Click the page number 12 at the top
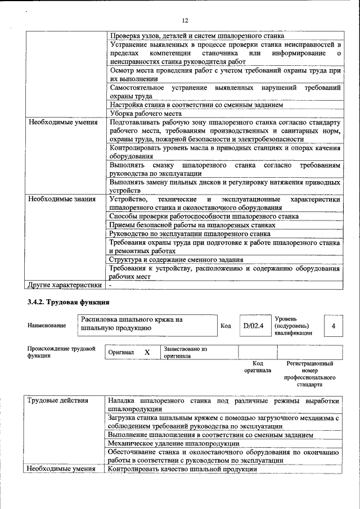184,20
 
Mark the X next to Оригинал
147,352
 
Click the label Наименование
47,326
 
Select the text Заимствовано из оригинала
186,353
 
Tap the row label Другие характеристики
61,285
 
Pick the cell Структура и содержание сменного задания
176,259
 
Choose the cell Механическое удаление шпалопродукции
174,443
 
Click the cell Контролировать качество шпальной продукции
182,469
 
